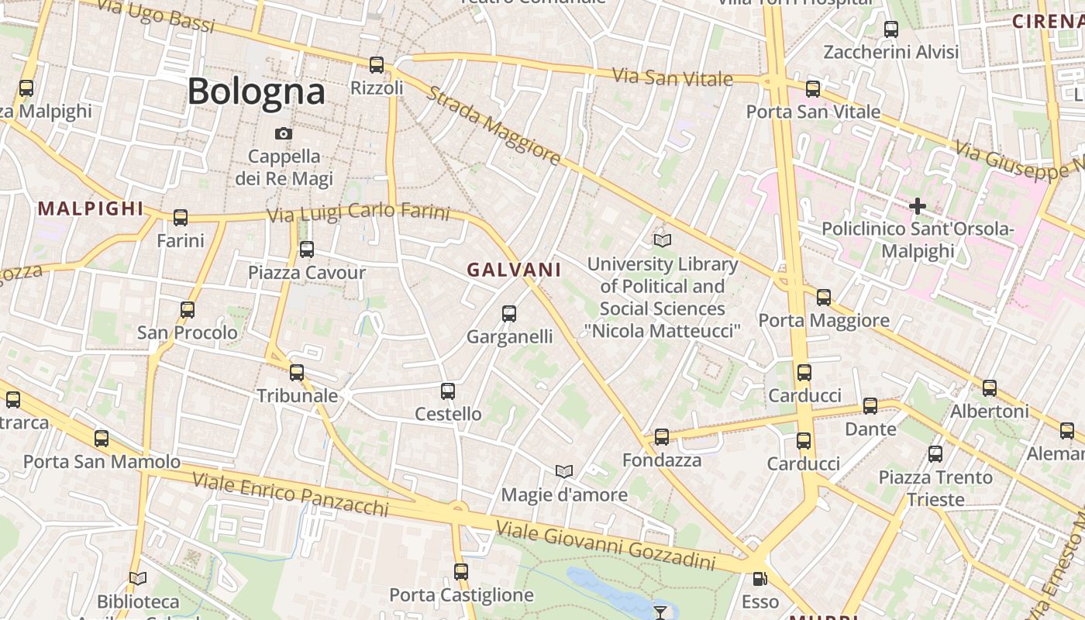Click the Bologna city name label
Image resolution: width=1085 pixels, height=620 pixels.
[256, 91]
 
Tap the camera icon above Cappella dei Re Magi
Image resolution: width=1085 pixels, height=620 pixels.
[284, 133]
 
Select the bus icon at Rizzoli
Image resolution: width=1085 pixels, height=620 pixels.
[377, 65]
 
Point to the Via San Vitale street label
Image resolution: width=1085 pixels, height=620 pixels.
[672, 77]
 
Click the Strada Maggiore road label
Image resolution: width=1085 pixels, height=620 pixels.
[493, 126]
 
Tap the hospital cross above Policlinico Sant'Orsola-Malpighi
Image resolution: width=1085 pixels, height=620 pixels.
[918, 206]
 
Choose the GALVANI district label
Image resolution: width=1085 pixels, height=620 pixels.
[514, 270]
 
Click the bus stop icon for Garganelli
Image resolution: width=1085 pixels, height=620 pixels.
[509, 314]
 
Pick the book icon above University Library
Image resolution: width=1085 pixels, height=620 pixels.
[662, 240]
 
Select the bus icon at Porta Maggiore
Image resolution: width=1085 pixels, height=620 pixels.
[823, 298]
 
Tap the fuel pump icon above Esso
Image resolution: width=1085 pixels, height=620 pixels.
[759, 579]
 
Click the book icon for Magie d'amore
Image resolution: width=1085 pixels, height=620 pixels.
[564, 471]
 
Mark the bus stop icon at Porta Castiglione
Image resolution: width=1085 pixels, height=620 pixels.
[461, 572]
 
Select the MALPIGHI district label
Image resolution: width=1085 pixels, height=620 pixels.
[91, 208]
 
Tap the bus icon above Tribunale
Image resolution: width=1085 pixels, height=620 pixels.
[297, 373]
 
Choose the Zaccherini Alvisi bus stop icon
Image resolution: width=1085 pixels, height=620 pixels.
[891, 29]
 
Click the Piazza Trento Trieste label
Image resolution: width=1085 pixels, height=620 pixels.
[935, 488]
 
